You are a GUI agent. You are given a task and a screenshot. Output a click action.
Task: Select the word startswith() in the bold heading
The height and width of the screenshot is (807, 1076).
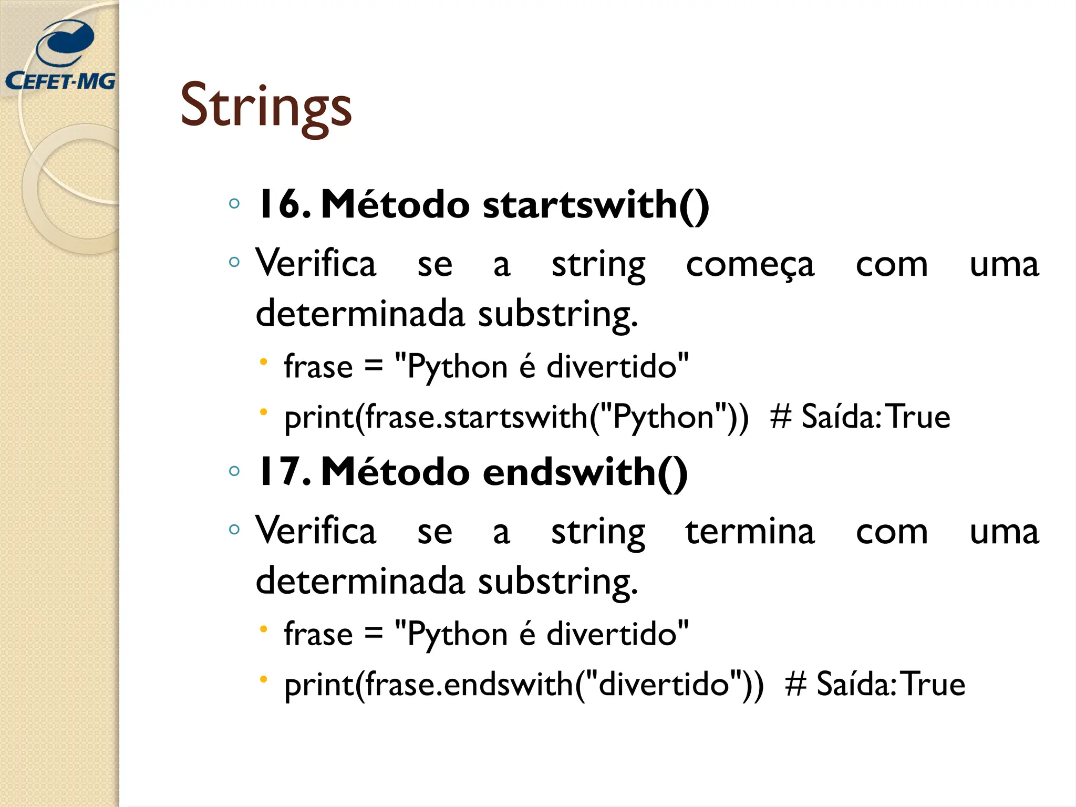point(596,205)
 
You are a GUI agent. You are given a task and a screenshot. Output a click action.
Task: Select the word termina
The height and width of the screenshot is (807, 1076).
point(750,532)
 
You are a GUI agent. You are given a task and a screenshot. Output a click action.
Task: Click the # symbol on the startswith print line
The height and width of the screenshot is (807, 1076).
point(781,418)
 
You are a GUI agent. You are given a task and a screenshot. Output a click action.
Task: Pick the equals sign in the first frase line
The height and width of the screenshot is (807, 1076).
point(373,367)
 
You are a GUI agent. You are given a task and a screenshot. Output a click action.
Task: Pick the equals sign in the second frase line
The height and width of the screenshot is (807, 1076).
point(373,634)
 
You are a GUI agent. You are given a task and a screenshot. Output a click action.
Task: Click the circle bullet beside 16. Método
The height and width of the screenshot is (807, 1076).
point(234,204)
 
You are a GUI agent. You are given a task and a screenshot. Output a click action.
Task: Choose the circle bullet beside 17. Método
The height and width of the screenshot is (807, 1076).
point(234,471)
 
